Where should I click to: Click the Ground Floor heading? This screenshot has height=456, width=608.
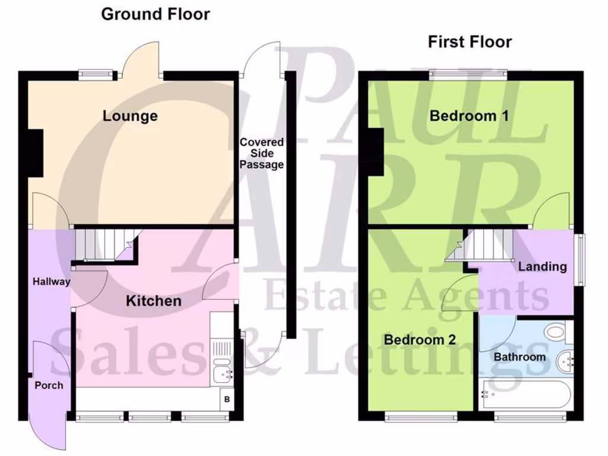point(156,14)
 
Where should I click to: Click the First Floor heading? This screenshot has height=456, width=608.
point(470,42)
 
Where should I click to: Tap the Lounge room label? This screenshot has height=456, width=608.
point(130,115)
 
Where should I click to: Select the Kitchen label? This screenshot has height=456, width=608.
point(153,301)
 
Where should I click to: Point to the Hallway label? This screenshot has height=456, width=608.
point(51,281)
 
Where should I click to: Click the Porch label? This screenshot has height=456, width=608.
point(49,385)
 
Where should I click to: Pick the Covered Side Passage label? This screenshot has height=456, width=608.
point(261,153)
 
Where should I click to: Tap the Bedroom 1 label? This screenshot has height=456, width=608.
point(469,115)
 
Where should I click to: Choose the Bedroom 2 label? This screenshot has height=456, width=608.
point(420,340)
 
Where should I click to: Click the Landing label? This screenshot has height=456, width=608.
point(542,266)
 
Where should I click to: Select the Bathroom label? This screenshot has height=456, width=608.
point(520,357)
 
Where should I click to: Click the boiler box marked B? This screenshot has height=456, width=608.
point(227,400)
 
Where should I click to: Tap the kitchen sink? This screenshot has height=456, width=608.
point(224,373)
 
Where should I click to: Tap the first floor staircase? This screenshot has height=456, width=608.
point(484,245)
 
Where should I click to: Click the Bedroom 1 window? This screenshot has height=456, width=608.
point(467,74)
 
